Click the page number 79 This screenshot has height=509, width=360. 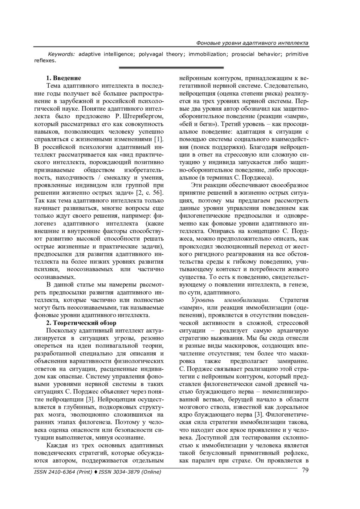click(x=305, y=470)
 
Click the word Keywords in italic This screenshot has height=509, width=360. click(x=61, y=54)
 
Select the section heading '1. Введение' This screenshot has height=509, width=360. click(x=63, y=78)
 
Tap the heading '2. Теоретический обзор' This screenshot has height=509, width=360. click(x=81, y=323)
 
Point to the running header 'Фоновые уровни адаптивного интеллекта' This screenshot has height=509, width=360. click(x=252, y=43)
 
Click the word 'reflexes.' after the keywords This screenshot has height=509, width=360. click(x=45, y=61)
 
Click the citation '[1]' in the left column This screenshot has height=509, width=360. click(x=159, y=139)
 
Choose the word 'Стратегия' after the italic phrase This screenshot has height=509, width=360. click(x=294, y=300)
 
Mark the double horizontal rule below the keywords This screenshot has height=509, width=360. click(x=171, y=68)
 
